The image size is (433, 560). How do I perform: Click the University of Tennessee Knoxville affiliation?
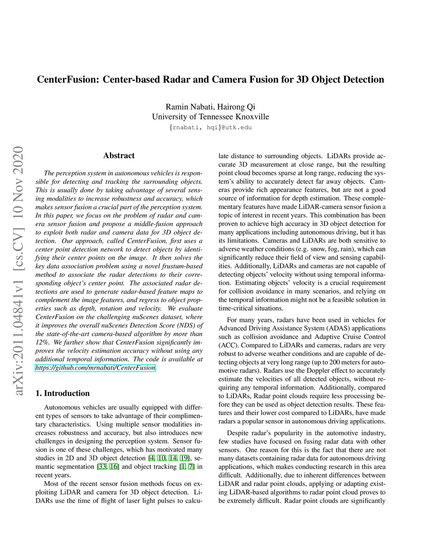[210, 117]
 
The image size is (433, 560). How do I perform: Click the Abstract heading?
[119, 156]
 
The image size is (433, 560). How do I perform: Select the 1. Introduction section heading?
[63, 393]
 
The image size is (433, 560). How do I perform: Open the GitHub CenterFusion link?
[96, 368]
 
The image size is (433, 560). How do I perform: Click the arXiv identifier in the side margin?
[18, 270]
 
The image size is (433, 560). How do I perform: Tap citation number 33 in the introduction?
[102, 467]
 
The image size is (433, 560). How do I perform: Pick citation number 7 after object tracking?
[191, 467]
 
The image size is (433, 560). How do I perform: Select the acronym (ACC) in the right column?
[228, 345]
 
